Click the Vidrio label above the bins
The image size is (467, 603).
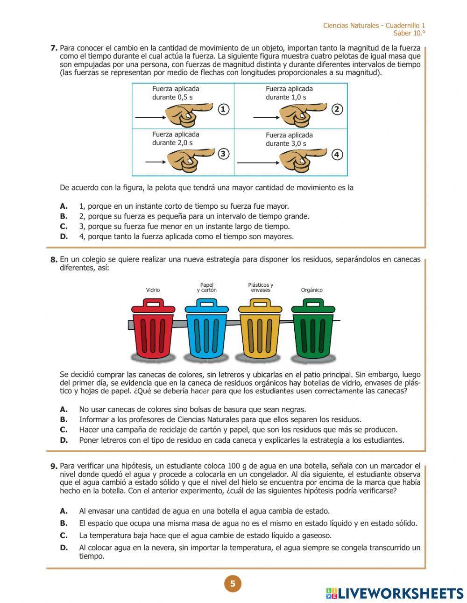click(153, 290)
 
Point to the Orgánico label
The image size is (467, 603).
click(311, 290)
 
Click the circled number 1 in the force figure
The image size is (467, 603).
click(224, 109)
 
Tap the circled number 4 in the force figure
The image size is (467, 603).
click(337, 155)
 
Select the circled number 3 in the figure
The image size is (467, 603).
click(224, 154)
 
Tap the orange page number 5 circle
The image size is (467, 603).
click(233, 583)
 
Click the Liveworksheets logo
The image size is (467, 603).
click(395, 593)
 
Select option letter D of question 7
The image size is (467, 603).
click(64, 236)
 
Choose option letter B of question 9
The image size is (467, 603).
click(64, 523)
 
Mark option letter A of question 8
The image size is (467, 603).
click(64, 409)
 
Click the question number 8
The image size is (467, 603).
click(54, 260)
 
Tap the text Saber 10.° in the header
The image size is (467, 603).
click(409, 33)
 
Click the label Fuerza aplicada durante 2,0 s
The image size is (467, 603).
click(176, 139)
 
